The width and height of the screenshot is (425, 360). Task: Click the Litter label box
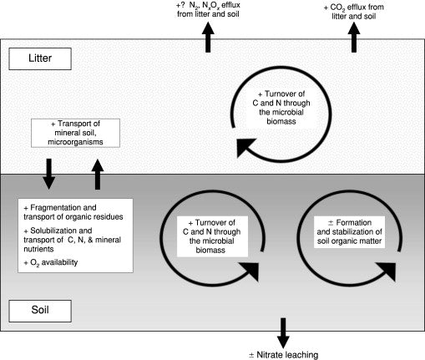pyautogui.click(x=40, y=58)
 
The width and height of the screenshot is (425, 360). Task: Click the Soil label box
pyautogui.click(x=40, y=311)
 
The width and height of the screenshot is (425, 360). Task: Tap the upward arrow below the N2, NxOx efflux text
pyautogui.click(x=208, y=38)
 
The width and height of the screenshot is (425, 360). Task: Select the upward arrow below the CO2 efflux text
pyautogui.click(x=354, y=38)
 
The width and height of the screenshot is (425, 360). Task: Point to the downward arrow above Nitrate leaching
pyautogui.click(x=283, y=333)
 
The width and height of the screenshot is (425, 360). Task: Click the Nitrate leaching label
pyautogui.click(x=284, y=355)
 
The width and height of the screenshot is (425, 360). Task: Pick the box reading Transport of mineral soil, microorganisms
pyautogui.click(x=75, y=133)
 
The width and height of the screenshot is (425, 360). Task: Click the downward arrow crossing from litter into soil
pyautogui.click(x=48, y=174)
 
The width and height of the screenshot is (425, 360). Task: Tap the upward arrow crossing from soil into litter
pyautogui.click(x=98, y=175)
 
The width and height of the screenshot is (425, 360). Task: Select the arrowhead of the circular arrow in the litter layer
pyautogui.click(x=245, y=147)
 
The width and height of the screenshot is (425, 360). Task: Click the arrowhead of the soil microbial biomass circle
pyautogui.click(x=250, y=271)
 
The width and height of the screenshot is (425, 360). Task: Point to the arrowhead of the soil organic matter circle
pyautogui.click(x=387, y=271)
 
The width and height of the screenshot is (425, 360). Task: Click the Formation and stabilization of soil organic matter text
pyautogui.click(x=349, y=232)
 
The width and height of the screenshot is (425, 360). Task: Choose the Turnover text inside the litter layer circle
pyautogui.click(x=281, y=108)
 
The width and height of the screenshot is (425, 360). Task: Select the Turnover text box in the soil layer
pyautogui.click(x=212, y=236)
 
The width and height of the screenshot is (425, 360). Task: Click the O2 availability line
pyautogui.click(x=51, y=262)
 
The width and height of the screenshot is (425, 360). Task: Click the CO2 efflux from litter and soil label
pyautogui.click(x=354, y=12)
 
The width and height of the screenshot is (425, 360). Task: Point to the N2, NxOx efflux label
pyautogui.click(x=208, y=9)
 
